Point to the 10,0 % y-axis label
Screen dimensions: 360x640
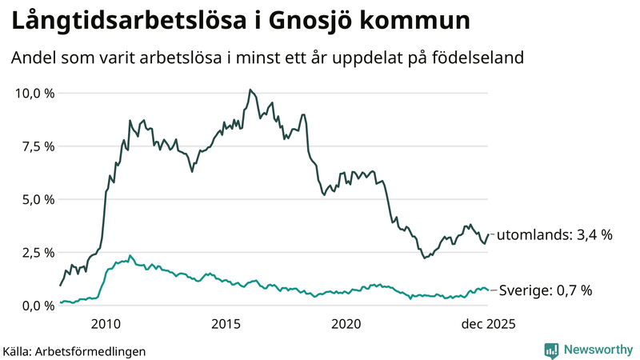pyautogui.click(x=35, y=94)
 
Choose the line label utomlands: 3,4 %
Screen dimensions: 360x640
pyautogui.click(x=554, y=235)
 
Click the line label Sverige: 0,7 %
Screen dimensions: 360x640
pyautogui.click(x=545, y=290)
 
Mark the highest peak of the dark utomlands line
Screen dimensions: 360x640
pyautogui.click(x=250, y=90)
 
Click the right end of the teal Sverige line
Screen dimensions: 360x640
pyautogui.click(x=489, y=290)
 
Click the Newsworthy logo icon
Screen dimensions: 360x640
pyautogui.click(x=551, y=350)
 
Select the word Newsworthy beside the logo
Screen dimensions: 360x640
pyautogui.click(x=597, y=350)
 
